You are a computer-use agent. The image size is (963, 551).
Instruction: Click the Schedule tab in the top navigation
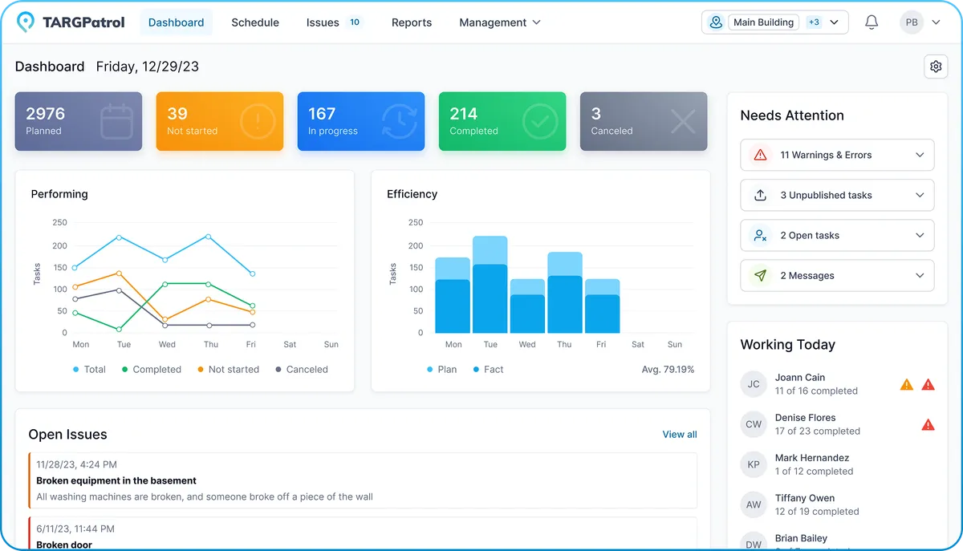[255, 22]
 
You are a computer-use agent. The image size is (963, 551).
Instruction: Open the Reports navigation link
[412, 22]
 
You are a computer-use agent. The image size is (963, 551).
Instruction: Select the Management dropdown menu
[499, 22]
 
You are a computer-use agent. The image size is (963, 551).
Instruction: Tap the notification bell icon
[872, 22]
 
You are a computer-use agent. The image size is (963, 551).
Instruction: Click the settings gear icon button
[936, 67]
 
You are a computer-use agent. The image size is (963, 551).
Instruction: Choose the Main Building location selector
[774, 22]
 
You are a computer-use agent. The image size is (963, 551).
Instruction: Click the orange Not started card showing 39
[219, 121]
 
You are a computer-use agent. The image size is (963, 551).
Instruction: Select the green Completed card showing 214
[502, 121]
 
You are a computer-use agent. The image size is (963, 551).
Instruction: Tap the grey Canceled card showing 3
[643, 121]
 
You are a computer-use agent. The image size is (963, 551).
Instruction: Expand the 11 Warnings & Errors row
[837, 155]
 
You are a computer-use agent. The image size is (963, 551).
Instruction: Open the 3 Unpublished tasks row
[837, 195]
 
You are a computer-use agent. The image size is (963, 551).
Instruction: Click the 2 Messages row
[837, 275]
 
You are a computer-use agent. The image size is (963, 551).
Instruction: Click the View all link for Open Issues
[679, 434]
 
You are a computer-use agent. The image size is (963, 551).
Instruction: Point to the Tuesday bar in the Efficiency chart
[490, 285]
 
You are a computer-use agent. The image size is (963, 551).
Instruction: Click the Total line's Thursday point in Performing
[209, 237]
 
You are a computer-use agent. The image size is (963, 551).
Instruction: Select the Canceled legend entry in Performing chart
[302, 369]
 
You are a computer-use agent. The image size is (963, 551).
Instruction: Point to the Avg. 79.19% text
[668, 369]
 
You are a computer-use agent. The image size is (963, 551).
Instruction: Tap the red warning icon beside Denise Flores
[928, 424]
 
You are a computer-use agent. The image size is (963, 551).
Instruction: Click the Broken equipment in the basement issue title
[116, 480]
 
